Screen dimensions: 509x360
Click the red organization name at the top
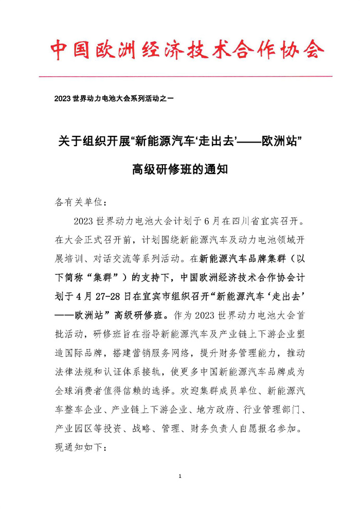point(187,50)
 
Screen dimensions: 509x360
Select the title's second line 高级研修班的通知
point(180,168)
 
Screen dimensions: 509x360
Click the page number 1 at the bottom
point(180,476)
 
